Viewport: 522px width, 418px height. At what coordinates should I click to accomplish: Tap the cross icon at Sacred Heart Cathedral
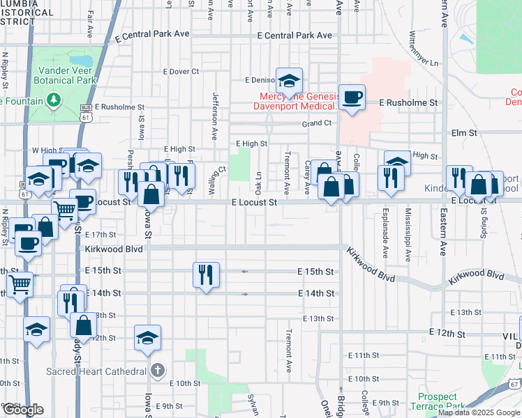(158, 370)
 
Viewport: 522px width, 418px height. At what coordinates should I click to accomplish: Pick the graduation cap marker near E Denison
(288, 81)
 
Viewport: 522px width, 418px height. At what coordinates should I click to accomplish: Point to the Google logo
(22, 410)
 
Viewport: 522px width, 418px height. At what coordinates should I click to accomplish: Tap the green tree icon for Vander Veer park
(54, 101)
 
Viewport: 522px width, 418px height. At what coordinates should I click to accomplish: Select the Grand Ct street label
(316, 123)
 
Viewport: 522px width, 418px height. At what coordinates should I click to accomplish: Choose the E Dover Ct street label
(181, 71)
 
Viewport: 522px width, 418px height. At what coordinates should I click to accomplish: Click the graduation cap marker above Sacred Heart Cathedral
(147, 337)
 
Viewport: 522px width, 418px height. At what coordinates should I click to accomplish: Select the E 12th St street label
(447, 334)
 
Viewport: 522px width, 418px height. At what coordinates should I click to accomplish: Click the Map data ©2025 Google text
(478, 412)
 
